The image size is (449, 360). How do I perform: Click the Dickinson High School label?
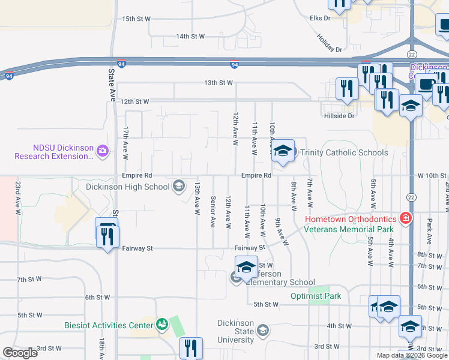pos(128,187)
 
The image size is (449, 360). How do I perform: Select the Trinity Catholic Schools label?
pos(344,152)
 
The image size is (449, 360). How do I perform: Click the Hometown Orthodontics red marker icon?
pos(406,217)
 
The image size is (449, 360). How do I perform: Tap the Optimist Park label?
pos(316,296)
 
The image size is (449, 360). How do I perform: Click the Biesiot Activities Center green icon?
pos(161,325)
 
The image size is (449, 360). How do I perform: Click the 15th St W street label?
pos(136,19)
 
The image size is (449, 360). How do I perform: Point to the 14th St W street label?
pos(190,37)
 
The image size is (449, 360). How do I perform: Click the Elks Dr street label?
pos(320,19)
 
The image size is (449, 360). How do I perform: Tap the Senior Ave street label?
pos(212,212)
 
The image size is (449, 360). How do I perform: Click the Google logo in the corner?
pos(20,353)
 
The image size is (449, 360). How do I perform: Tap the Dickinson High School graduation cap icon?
pos(178,186)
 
